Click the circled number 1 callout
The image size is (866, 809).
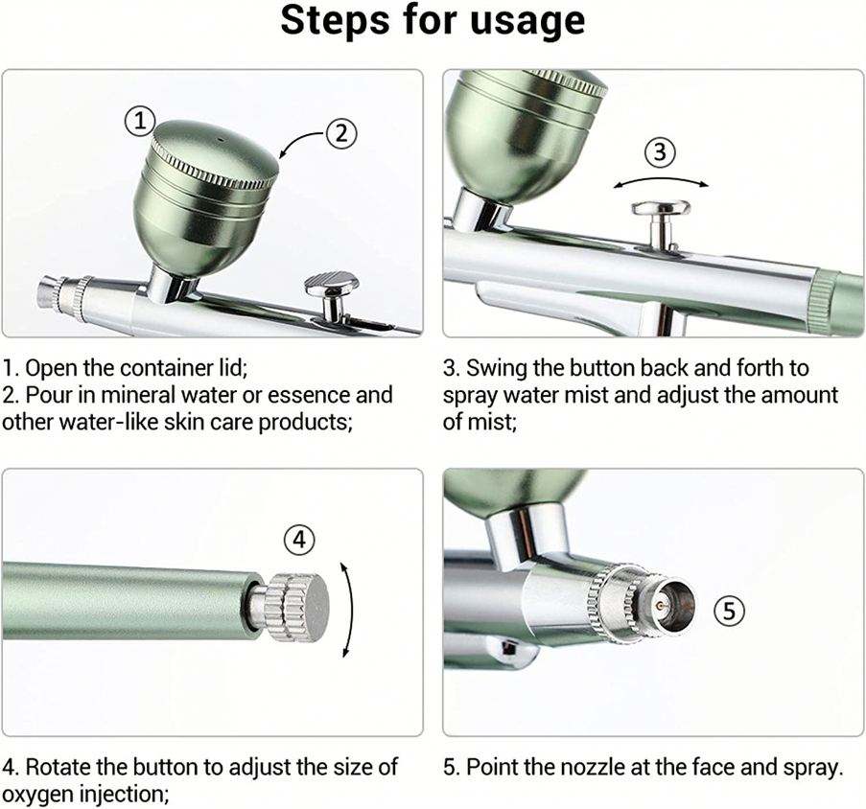click(x=140, y=121)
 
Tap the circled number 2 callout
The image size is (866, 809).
click(x=341, y=133)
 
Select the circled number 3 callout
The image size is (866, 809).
click(x=661, y=151)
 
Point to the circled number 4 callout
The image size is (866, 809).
click(x=299, y=539)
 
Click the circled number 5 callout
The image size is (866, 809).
click(x=730, y=611)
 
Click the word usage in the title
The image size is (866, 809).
click(x=527, y=21)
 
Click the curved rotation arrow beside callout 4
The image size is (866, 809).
click(x=348, y=610)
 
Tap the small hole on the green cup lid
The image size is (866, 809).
click(x=222, y=140)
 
